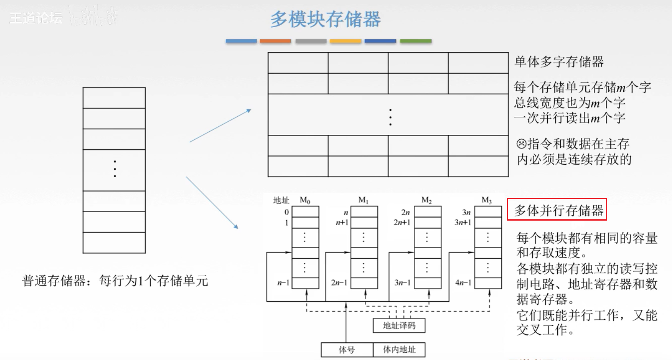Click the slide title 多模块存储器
click(325, 19)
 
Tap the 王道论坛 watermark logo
click(36, 18)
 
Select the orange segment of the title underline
click(275, 41)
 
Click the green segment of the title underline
click(416, 41)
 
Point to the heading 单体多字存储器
click(559, 62)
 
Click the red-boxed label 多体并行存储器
click(557, 210)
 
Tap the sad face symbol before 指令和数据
click(521, 144)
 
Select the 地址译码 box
click(399, 326)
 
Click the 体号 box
click(346, 350)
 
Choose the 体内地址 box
click(399, 350)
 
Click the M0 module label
click(305, 201)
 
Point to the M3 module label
click(487, 201)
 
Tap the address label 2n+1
click(402, 222)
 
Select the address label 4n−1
click(463, 283)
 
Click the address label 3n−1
click(402, 283)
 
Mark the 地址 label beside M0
click(281, 201)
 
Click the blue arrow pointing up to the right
click(220, 126)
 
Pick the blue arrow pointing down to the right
click(212, 203)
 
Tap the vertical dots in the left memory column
click(115, 169)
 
